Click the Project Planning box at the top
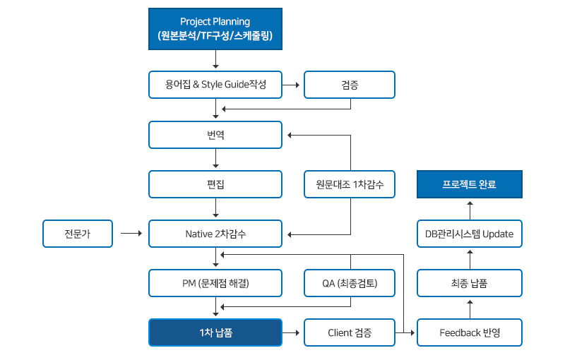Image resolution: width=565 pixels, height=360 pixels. [x=215, y=29]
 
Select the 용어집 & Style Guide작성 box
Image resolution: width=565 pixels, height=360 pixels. [x=215, y=85]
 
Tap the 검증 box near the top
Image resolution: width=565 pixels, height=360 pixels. [x=349, y=85]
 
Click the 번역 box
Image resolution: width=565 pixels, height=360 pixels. [x=215, y=135]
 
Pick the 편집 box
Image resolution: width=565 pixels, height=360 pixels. [x=215, y=184]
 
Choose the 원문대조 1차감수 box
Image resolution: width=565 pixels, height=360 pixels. [x=349, y=184]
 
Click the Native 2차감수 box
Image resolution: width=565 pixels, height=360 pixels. [x=215, y=234]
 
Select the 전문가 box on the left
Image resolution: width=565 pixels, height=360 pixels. [x=77, y=234]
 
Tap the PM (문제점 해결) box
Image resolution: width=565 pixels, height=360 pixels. [x=215, y=283]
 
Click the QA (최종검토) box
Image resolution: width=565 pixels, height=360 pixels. [x=349, y=283]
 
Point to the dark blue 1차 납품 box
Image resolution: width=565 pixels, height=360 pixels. [x=215, y=332]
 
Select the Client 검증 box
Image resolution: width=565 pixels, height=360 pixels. [x=349, y=332]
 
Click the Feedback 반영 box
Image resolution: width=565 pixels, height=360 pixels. [x=470, y=332]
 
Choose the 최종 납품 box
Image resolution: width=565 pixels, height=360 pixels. [x=470, y=283]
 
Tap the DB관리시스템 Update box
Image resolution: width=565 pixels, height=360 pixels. [x=470, y=234]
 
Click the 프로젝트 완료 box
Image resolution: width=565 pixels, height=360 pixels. [x=470, y=184]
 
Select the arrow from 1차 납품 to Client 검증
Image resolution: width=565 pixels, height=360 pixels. [x=292, y=332]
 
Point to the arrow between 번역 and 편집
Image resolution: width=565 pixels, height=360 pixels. [x=215, y=160]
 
